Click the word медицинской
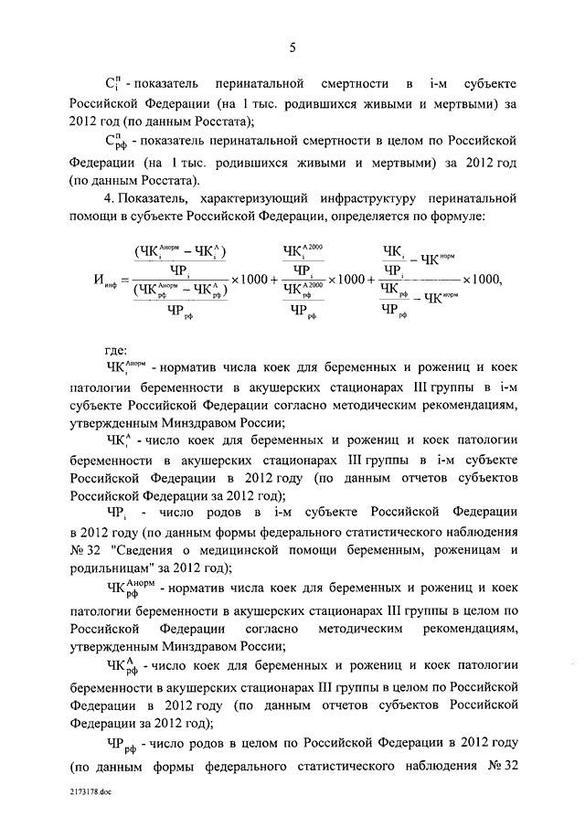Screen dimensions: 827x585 coord(260,550)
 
